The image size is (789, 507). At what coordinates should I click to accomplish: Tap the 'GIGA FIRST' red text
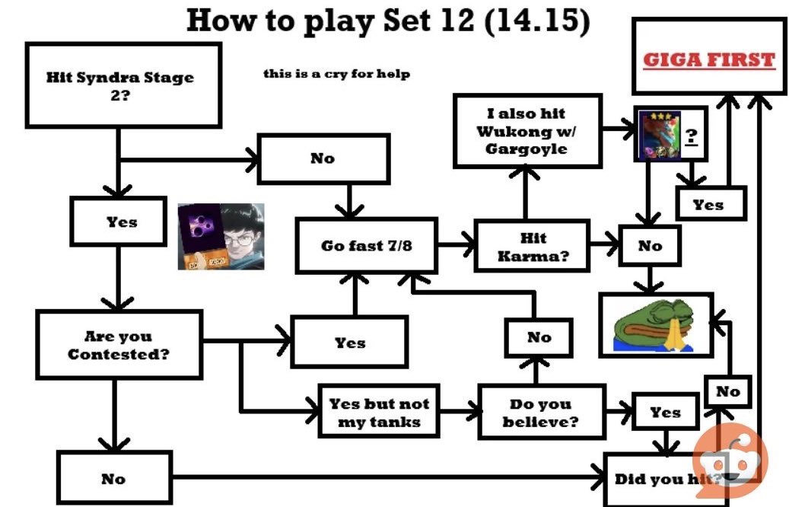pos(708,60)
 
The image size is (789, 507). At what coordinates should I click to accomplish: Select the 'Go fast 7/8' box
pos(366,246)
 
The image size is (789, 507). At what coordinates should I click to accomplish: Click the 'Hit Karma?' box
pos(533,247)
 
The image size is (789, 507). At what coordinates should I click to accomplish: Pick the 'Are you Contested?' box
pos(119,345)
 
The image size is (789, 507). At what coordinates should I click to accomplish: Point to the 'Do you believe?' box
pos(541,412)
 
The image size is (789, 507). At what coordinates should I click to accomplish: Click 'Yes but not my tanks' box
pos(378,413)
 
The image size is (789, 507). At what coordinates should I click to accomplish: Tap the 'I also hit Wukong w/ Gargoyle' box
pos(527,131)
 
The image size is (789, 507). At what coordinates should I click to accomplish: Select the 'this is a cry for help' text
pos(336,74)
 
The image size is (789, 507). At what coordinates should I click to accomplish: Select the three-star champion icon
pos(657,136)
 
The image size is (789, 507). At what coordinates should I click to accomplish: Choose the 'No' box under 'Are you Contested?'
pos(114,478)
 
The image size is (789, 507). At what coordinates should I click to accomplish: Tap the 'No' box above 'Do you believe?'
pos(539,337)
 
